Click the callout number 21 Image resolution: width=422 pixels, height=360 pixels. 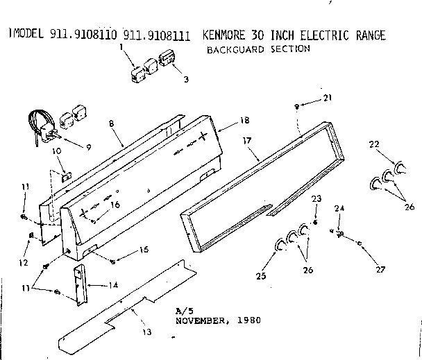(327, 98)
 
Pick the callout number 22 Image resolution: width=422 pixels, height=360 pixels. (374, 144)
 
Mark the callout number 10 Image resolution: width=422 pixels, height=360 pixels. (56, 151)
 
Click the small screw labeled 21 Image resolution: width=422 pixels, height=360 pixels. (297, 106)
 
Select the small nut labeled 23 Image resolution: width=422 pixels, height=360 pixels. (315, 223)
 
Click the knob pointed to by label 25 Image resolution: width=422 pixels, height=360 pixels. (281, 243)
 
